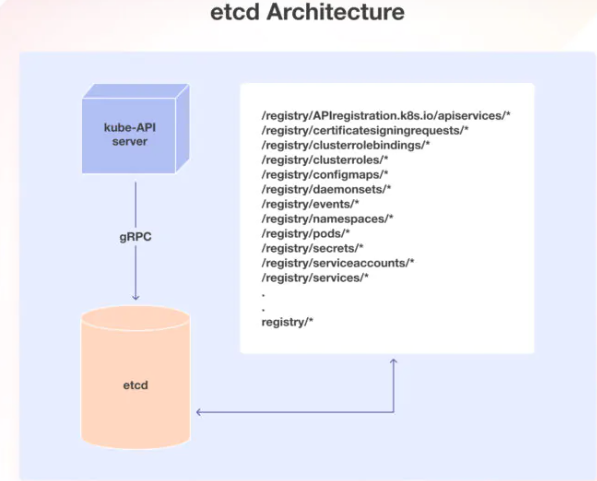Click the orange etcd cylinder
coord(134,384)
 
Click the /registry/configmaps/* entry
coord(310,173)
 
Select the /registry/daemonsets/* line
coord(312,188)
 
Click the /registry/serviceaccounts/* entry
coord(324,263)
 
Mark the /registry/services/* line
coord(302,278)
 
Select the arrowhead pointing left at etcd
coord(201,412)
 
